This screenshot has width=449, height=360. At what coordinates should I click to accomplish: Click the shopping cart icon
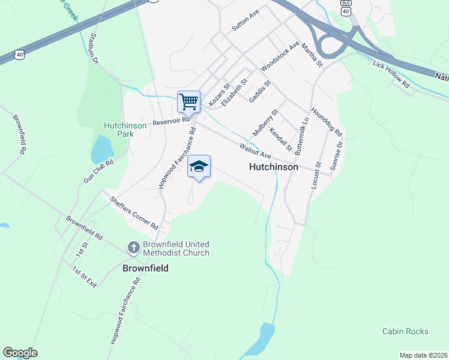coord(189,101)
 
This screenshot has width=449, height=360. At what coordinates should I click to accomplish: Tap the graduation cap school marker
coord(199,166)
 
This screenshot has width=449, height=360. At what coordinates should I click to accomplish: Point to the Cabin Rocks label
coord(405,331)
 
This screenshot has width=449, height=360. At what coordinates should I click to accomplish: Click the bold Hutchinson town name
coord(273,167)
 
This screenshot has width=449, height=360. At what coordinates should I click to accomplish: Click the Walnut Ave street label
coord(256,151)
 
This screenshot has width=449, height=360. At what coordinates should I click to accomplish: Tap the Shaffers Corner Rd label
coord(133,211)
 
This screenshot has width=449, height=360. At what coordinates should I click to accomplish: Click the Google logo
coord(20,353)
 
